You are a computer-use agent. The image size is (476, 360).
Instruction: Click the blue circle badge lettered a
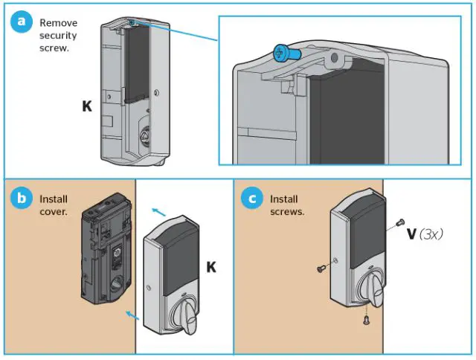click(22, 22)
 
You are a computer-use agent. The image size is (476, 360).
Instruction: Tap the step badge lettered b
click(22, 199)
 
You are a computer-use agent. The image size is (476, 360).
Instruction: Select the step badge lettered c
click(252, 199)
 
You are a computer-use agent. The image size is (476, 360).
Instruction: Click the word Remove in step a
click(58, 23)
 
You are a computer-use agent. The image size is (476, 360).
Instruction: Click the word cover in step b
click(52, 211)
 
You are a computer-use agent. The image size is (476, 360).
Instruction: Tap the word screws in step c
click(287, 212)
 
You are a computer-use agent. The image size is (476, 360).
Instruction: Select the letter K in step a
click(87, 106)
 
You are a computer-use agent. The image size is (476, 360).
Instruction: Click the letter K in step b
click(211, 267)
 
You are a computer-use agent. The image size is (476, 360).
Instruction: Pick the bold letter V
click(411, 233)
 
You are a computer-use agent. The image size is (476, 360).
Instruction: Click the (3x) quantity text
click(431, 233)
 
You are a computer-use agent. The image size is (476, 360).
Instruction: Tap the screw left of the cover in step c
click(320, 269)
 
